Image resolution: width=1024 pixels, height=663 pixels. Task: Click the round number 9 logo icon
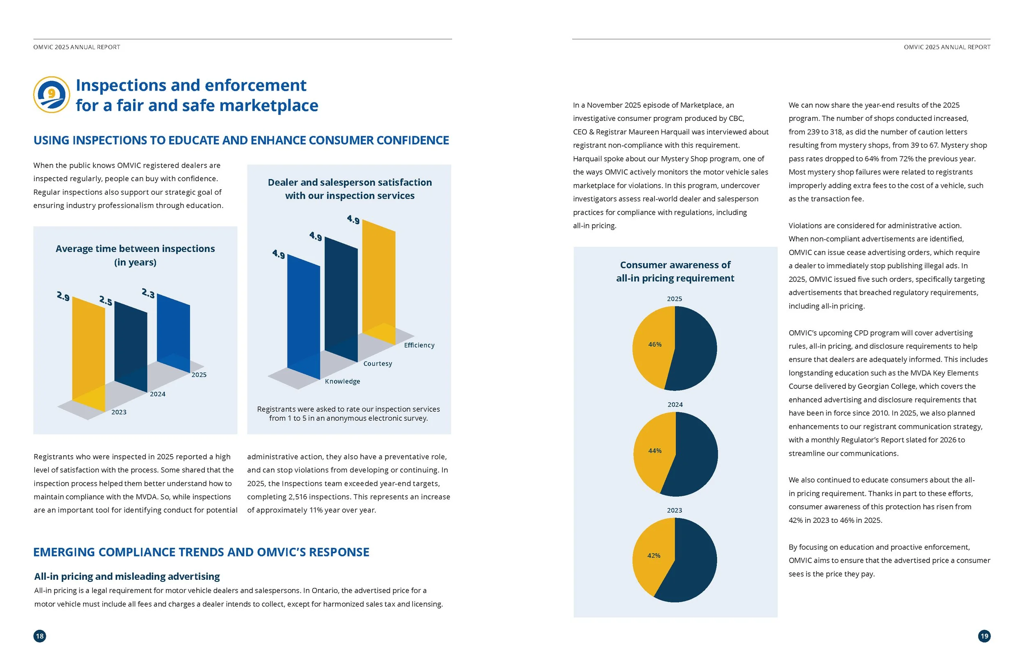(52, 95)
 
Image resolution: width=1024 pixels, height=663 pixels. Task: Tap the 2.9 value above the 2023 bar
(63, 296)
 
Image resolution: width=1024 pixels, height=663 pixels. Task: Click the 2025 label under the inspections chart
(199, 375)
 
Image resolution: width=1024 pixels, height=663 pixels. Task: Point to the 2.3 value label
(148, 294)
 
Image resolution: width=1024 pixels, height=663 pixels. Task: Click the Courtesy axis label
(378, 363)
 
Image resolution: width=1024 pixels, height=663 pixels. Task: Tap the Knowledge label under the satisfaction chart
(342, 381)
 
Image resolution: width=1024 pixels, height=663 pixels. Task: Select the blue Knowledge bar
(304, 317)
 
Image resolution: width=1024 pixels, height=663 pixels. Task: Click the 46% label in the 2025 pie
(655, 345)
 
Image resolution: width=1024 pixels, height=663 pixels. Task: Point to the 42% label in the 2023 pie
(654, 556)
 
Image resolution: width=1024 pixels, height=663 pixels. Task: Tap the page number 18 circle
(40, 636)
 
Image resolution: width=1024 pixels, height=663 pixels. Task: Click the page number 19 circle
(984, 636)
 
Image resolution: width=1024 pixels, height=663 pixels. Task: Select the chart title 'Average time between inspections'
(135, 249)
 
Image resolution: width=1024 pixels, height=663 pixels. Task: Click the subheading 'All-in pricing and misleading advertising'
(127, 577)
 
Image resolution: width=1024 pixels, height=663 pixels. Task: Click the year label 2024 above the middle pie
(675, 405)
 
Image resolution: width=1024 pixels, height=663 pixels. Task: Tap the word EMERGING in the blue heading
(65, 552)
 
